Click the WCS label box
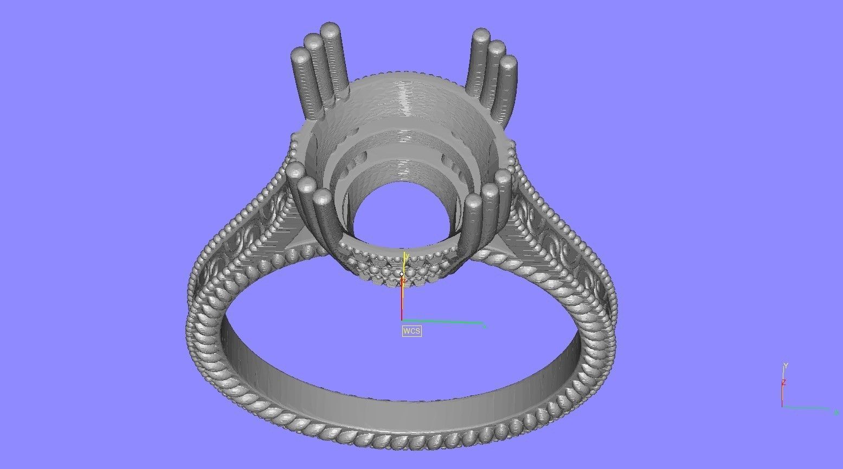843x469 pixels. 411,330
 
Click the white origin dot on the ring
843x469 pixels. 402,274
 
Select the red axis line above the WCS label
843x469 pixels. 402,301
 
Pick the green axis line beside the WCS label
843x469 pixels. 442,322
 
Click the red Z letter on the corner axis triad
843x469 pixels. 783,382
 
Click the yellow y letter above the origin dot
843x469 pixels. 406,256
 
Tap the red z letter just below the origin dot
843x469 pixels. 404,281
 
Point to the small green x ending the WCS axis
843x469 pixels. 484,326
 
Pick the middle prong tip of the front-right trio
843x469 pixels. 490,190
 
